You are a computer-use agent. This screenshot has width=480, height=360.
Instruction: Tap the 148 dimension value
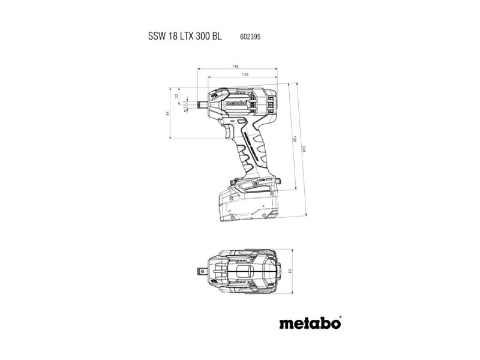coord(235,67)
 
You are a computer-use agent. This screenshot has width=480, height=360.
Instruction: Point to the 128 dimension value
coord(245,74)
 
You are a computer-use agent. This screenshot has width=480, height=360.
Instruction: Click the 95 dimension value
coord(169,113)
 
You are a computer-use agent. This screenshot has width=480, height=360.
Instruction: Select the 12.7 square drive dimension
coord(185,106)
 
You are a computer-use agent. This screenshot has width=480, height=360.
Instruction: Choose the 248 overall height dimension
coord(305,149)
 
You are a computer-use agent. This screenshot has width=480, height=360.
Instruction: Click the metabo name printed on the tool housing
coord(237,104)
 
